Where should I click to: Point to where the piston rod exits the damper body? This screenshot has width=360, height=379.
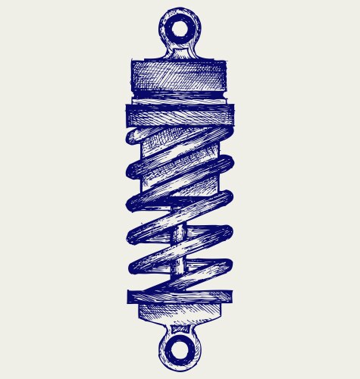(177, 206)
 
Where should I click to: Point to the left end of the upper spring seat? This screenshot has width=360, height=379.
(129, 114)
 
